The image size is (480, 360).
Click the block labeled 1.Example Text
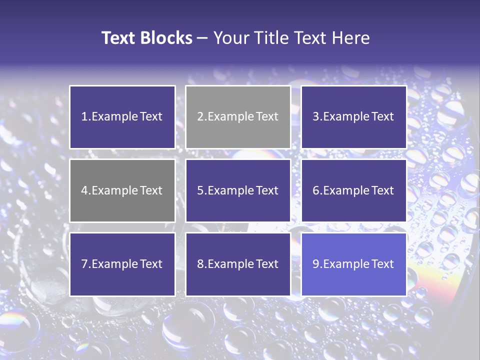point(122,117)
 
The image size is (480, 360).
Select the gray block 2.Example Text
point(238,117)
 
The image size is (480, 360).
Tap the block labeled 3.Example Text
point(353,117)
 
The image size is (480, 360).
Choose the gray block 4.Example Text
point(122,190)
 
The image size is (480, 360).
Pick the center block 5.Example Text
point(238,190)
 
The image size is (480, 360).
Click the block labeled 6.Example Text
point(353,190)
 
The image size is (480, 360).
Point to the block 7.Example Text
point(122,264)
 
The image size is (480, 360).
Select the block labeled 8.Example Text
point(238,264)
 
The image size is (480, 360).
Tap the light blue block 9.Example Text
point(353,264)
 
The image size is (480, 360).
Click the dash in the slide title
point(202,38)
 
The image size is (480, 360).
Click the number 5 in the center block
point(200,190)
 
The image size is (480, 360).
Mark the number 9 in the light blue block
point(316,264)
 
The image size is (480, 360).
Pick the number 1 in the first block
point(84,117)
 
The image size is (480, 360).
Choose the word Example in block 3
point(346,117)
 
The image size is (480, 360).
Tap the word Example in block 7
point(114,264)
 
